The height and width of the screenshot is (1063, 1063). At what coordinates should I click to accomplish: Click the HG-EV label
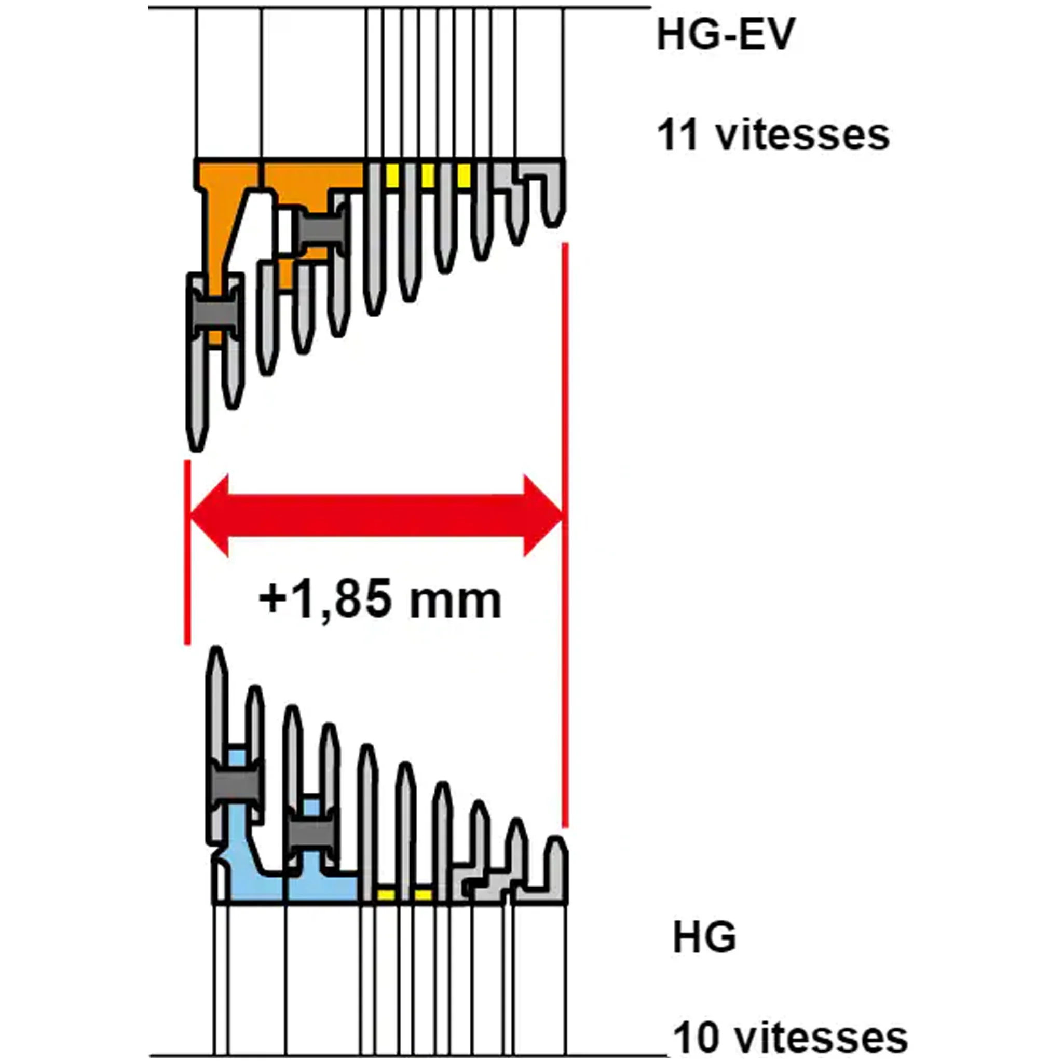click(726, 35)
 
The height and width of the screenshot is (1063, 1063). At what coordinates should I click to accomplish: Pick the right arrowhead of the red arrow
click(542, 516)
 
